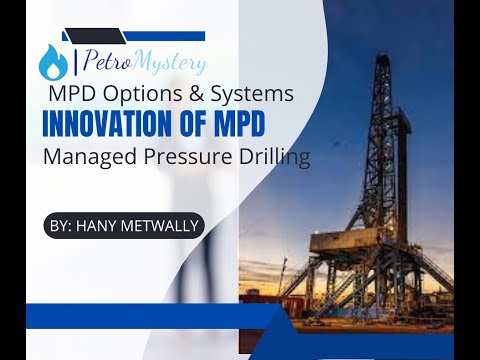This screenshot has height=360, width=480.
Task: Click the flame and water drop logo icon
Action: point(52,62)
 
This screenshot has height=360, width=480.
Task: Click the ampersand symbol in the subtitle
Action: point(191,95)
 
